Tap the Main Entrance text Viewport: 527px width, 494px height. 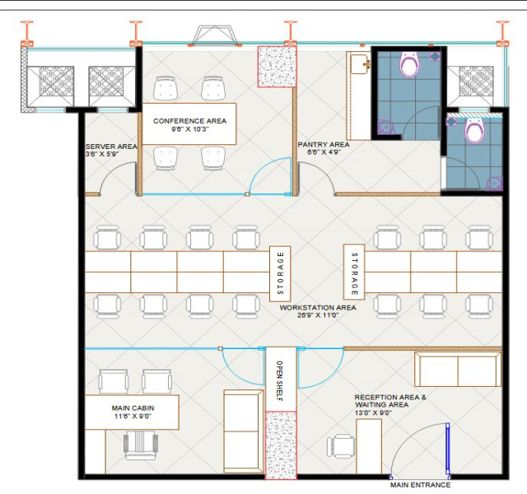point(420,485)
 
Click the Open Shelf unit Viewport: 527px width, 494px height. point(281,380)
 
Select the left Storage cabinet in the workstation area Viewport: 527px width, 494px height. point(280,274)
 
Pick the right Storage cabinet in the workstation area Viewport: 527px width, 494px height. point(354,272)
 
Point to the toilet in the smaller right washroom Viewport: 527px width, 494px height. point(475,130)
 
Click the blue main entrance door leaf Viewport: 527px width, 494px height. point(448,450)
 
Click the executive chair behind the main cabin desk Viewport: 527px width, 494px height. point(141,445)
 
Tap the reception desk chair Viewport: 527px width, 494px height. point(341,446)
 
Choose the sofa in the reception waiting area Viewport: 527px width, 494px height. point(458,370)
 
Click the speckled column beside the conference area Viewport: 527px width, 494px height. point(277,67)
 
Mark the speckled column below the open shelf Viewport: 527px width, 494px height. point(281,445)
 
